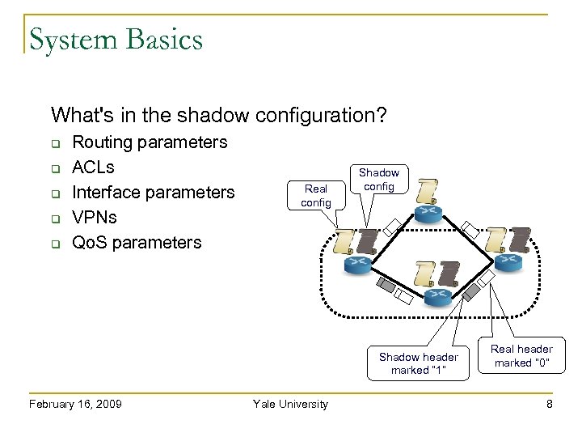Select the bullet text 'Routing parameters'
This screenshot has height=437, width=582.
(150, 142)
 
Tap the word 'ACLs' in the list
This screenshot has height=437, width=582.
(94, 168)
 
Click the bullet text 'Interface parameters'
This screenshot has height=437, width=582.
(154, 193)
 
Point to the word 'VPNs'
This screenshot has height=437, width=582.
(95, 218)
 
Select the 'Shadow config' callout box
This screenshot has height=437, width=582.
(378, 180)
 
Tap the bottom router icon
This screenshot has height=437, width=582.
(436, 295)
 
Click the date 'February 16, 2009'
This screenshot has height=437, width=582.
(74, 404)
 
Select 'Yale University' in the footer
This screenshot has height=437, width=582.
(290, 404)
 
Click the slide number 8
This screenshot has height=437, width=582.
(549, 404)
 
